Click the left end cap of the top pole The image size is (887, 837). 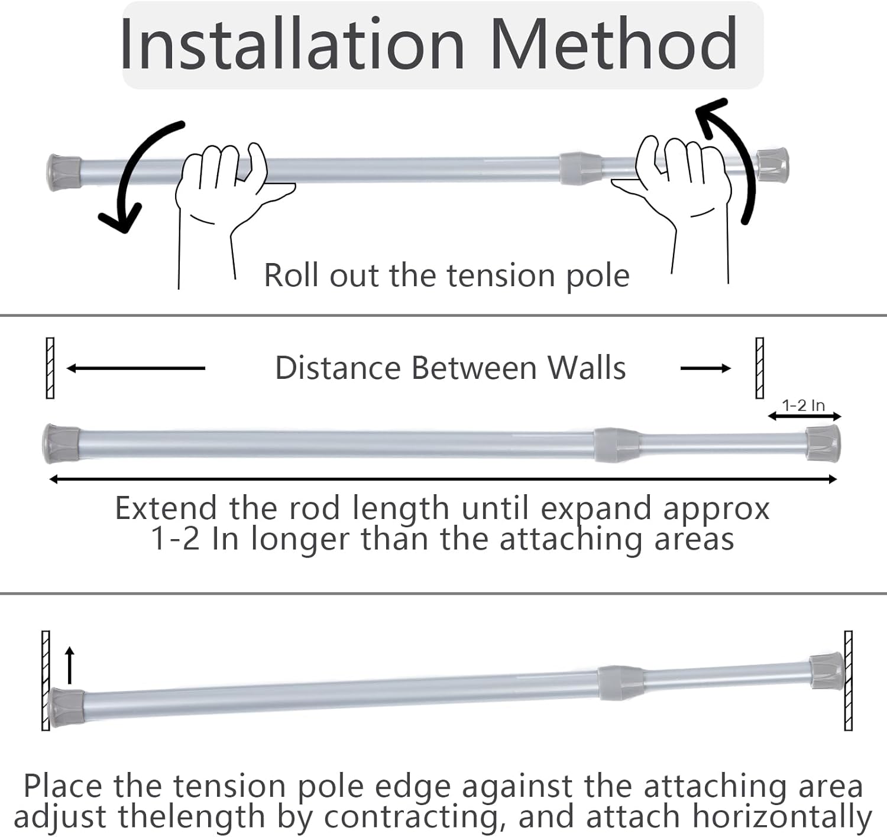click(64, 173)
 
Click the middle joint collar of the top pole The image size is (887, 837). click(580, 168)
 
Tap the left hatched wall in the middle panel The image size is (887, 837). click(50, 368)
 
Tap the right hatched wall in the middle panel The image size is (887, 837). click(760, 368)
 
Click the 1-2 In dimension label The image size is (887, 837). click(803, 405)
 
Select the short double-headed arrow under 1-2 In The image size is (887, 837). click(804, 417)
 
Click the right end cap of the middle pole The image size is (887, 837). click(823, 443)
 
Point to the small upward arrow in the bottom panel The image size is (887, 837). click(70, 665)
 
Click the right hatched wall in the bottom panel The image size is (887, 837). click(849, 680)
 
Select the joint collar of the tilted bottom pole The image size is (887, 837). click(620, 683)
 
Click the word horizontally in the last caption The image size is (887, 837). click(782, 817)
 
